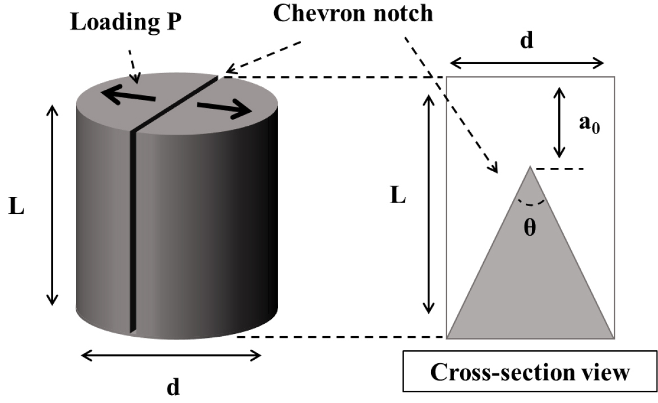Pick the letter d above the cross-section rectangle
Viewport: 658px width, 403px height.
(x=526, y=41)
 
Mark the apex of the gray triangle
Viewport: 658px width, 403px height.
(x=530, y=167)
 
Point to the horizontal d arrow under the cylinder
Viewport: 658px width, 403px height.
(x=171, y=355)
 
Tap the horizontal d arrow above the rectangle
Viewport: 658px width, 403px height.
(x=527, y=63)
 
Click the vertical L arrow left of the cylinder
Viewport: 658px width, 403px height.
(x=52, y=204)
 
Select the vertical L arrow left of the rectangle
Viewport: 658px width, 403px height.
(x=429, y=203)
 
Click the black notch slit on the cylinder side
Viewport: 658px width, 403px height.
(x=133, y=230)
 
